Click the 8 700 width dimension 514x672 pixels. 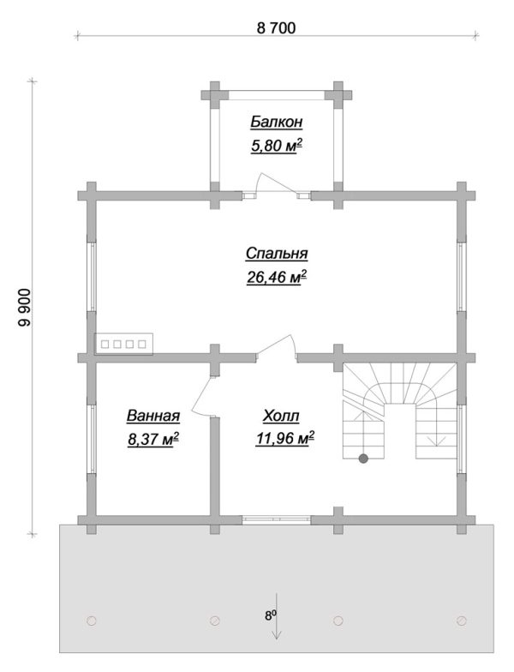point(276,28)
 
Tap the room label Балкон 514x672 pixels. point(276,122)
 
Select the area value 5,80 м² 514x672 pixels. point(277,146)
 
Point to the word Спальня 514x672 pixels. point(277,254)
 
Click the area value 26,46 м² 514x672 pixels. point(277,278)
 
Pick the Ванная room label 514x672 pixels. point(152,416)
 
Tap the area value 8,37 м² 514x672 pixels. point(152,439)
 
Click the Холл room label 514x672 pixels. point(281,416)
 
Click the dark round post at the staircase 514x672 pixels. point(363,459)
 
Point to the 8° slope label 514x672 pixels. point(270,616)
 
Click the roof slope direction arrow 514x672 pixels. point(277,615)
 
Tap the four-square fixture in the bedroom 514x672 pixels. point(123,344)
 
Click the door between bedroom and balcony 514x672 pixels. point(276,187)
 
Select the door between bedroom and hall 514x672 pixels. point(276,346)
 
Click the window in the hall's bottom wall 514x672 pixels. point(276,519)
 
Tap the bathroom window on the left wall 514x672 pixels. point(92,439)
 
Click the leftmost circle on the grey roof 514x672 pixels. point(91,621)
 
